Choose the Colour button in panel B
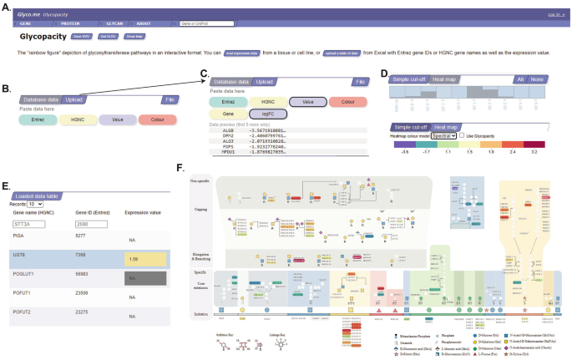coord(158,119)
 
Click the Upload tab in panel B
coord(74,99)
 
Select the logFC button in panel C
coord(267,114)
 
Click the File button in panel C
coord(359,82)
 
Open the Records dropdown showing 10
coord(34,203)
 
